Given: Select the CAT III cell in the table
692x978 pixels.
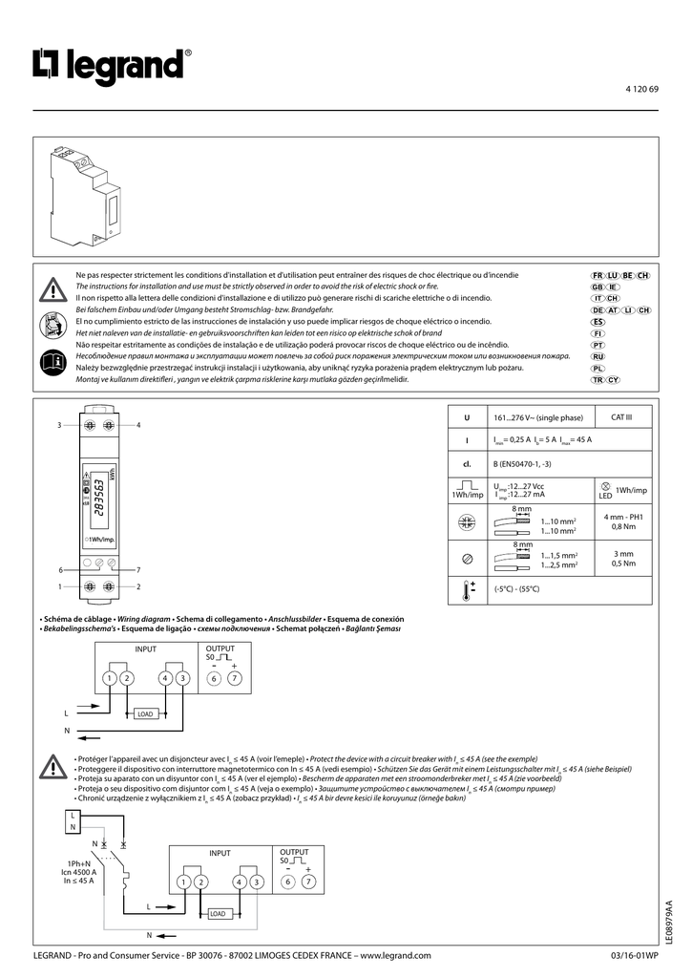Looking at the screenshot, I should point(621,417).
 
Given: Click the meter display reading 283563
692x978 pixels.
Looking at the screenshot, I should point(101,499).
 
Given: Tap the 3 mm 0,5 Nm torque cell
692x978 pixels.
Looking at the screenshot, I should point(622,558).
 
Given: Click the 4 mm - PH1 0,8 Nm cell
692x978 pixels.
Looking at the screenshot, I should point(622,521).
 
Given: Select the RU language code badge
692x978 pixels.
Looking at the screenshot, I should point(598,356).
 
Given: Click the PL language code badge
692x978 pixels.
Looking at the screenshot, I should point(598,368).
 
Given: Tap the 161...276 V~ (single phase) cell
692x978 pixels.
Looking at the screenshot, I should point(537,417).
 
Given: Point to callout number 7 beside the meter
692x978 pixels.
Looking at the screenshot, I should point(138,569).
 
